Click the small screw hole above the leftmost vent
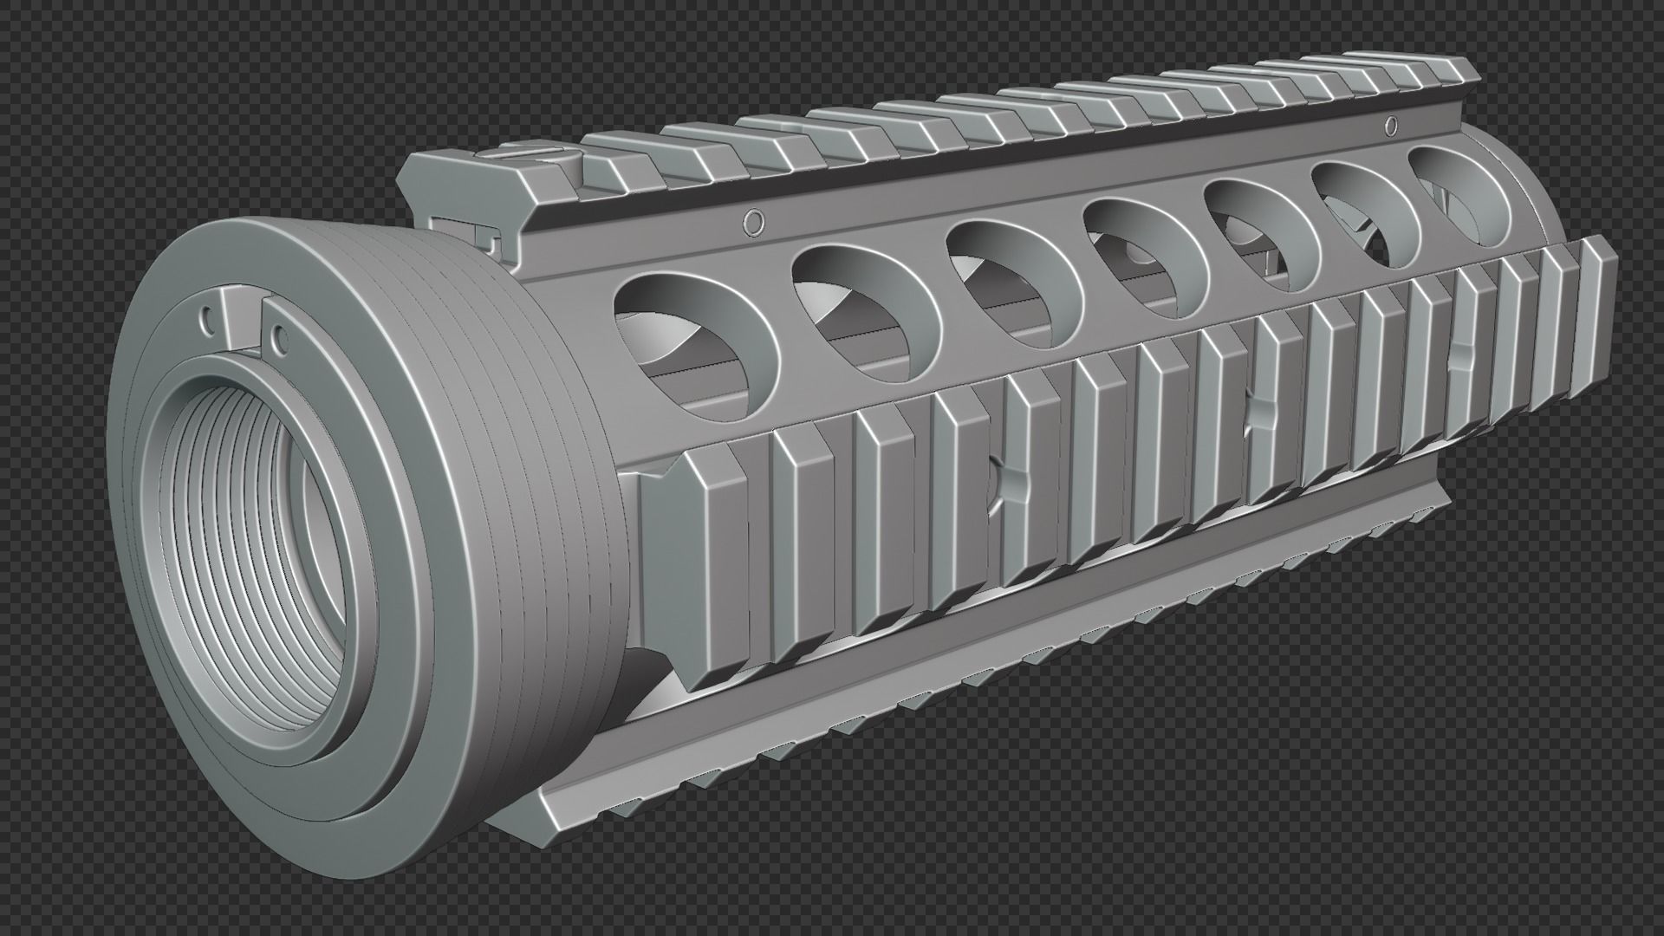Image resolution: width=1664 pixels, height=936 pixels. click(754, 224)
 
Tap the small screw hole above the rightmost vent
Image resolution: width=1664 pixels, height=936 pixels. click(1392, 126)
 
